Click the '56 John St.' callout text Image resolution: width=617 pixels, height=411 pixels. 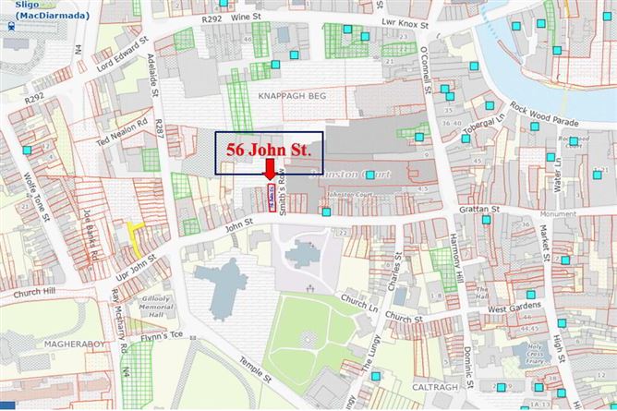[x=268, y=148]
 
